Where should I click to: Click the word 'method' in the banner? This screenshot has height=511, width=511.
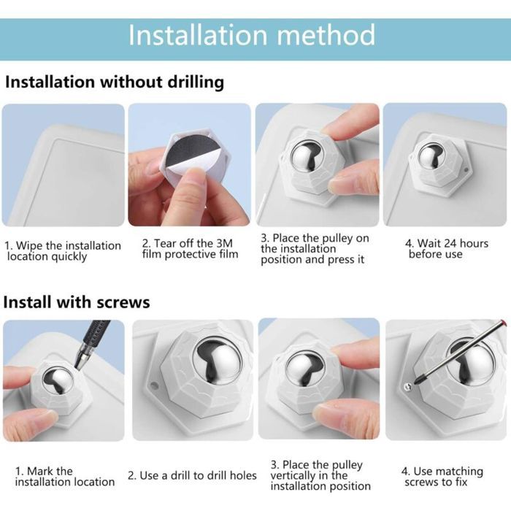click(326, 34)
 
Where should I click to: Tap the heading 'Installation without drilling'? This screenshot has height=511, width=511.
click(115, 82)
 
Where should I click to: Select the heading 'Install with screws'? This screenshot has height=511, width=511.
click(77, 302)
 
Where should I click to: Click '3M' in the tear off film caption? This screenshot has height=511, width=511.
click(225, 243)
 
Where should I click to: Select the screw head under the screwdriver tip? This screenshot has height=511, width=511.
click(408, 386)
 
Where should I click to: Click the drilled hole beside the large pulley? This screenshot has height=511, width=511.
click(154, 386)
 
